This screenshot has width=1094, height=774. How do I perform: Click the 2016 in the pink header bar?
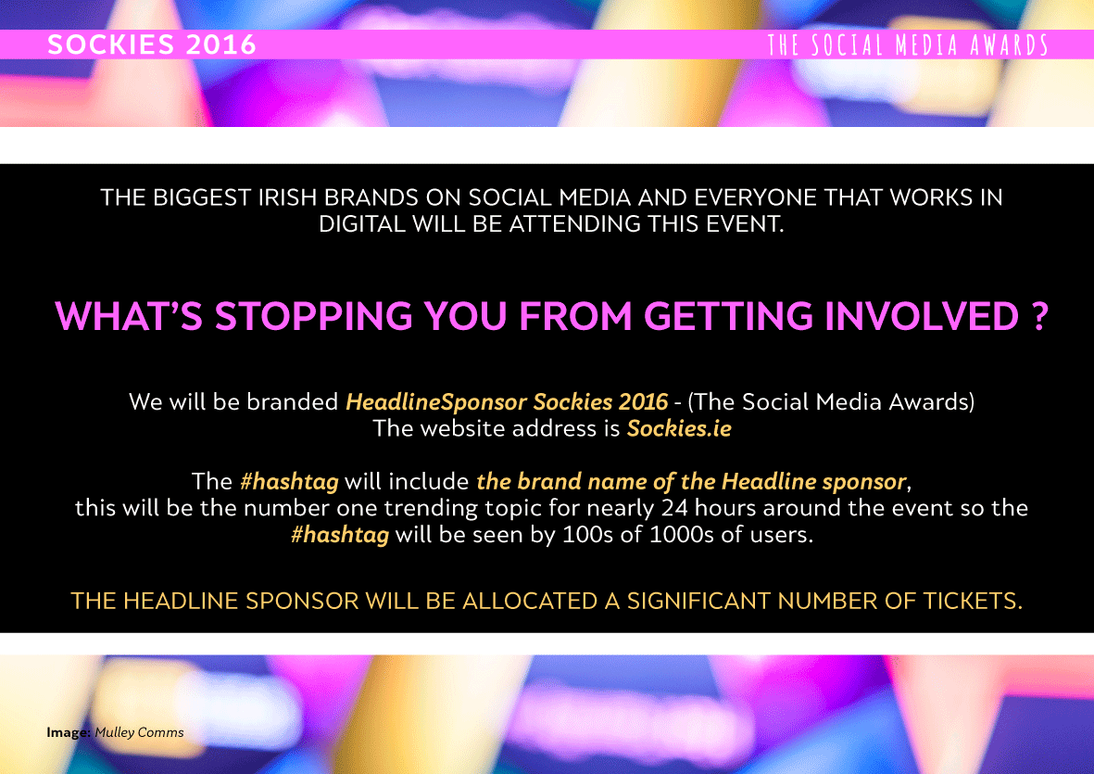221,44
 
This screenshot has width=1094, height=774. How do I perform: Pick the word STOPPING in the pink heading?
313,316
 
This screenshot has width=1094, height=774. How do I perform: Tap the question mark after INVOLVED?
1039,316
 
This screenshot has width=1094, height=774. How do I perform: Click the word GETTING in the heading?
728,316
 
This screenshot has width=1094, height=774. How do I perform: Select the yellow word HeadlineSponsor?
436,402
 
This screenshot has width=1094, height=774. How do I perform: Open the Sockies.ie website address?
679,428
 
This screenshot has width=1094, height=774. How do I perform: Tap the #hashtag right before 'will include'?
289,482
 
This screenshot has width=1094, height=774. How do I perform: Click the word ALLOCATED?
530,601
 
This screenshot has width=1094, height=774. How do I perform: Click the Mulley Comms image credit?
139,732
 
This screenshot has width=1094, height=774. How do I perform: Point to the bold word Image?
69,733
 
